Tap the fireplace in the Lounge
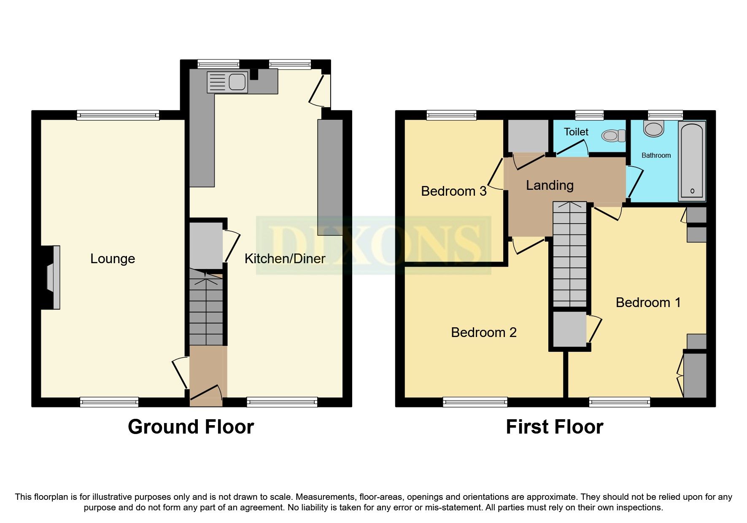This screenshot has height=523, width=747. (53, 277)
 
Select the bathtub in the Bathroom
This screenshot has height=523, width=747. (692, 161)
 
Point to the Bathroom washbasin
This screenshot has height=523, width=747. (654, 128)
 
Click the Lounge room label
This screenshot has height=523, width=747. (113, 259)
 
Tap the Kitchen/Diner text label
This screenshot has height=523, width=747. (285, 259)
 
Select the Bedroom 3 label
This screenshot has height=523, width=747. (454, 191)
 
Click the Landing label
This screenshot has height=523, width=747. (550, 185)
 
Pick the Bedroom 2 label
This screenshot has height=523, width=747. (484, 332)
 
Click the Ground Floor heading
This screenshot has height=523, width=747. (191, 427)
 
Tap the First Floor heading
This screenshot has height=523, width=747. (554, 427)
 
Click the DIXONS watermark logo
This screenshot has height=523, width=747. (373, 245)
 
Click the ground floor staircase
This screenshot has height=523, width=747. (206, 307)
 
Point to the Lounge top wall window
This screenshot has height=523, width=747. (118, 115)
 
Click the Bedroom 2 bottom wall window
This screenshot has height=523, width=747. (475, 402)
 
